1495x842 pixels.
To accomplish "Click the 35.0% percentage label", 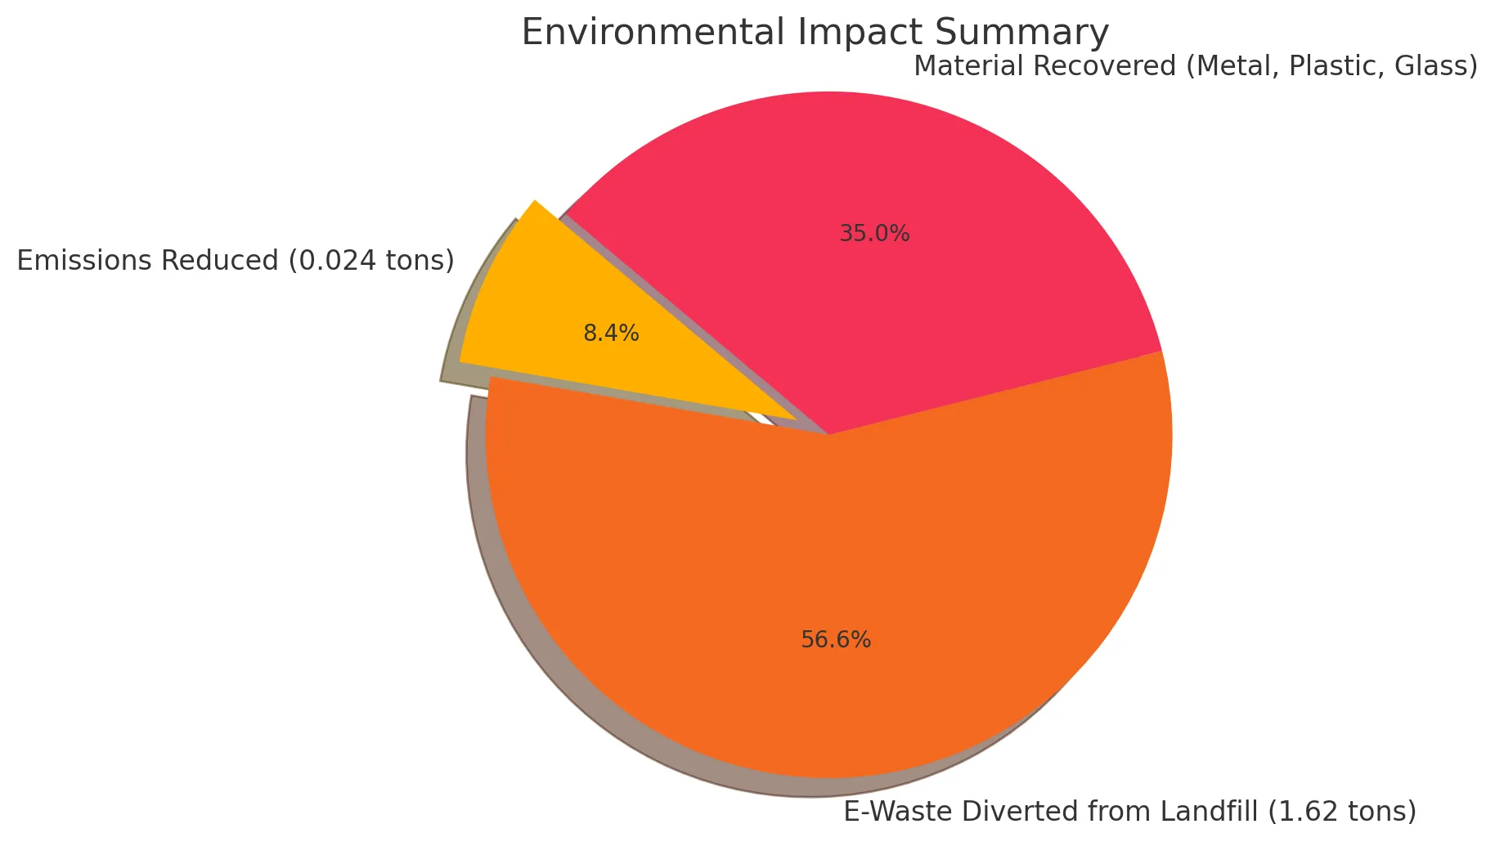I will point(874,235).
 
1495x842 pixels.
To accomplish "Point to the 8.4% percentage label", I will point(611,334).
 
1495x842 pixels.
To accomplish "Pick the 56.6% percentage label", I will point(836,640).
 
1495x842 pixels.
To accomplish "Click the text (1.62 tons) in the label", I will point(1341,812).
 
